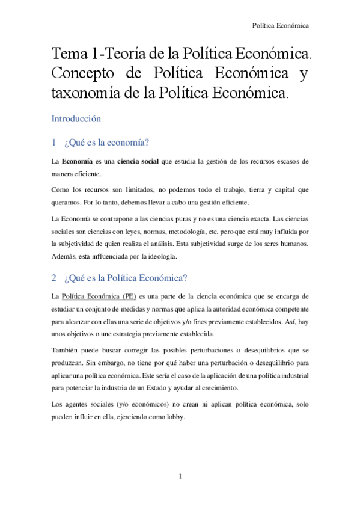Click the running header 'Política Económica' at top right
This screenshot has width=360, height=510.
pyautogui.click(x=280, y=25)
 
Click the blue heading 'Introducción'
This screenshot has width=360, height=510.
pyautogui.click(x=76, y=118)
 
